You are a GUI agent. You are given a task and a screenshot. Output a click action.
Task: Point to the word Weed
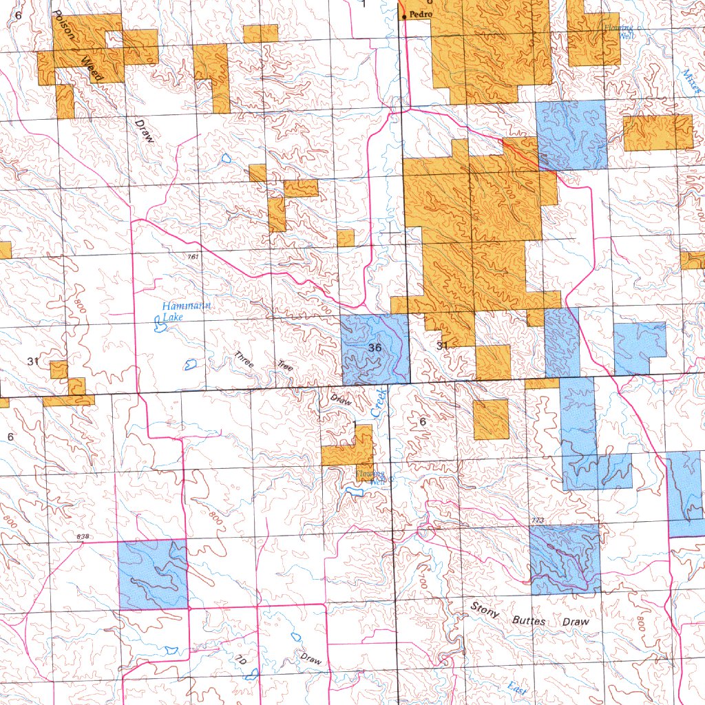(x=92, y=69)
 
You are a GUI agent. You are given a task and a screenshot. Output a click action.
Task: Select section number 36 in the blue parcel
(x=375, y=348)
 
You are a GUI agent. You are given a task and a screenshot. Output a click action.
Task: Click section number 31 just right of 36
(x=443, y=346)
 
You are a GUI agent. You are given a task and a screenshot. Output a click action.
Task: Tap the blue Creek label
(x=378, y=402)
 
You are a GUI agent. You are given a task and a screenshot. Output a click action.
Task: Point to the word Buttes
(x=529, y=620)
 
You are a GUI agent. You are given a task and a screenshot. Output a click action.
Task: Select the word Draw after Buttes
(x=576, y=622)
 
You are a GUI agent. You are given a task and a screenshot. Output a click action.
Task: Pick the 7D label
(x=241, y=660)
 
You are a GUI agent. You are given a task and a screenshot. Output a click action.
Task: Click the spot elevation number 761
(x=193, y=256)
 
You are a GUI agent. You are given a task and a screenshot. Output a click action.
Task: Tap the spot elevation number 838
(x=83, y=536)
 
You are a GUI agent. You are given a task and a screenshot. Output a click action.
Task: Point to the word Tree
(x=285, y=366)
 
